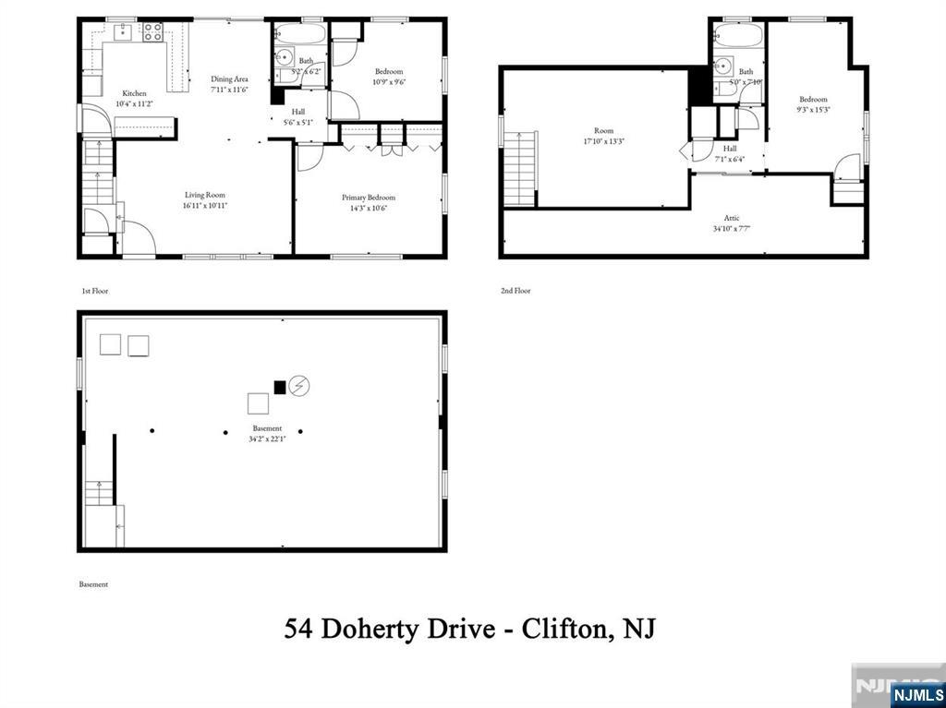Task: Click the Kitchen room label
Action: (x=135, y=92)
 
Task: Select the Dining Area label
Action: (x=229, y=79)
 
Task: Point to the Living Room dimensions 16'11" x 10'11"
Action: (x=204, y=206)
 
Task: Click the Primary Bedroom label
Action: (x=369, y=198)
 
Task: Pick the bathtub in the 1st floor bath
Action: (x=299, y=34)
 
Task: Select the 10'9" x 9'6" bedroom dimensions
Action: (x=388, y=82)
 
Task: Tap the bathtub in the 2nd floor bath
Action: (x=738, y=36)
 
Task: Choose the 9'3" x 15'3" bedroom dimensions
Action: (x=813, y=110)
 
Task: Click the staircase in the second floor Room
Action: (x=520, y=168)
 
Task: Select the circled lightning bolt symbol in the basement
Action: (x=299, y=386)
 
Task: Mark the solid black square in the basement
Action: (x=280, y=387)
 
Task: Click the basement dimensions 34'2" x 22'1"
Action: (x=268, y=439)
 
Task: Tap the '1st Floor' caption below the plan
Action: (x=94, y=291)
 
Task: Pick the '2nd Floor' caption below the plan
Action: (x=515, y=291)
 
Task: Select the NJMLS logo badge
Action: (x=916, y=694)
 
